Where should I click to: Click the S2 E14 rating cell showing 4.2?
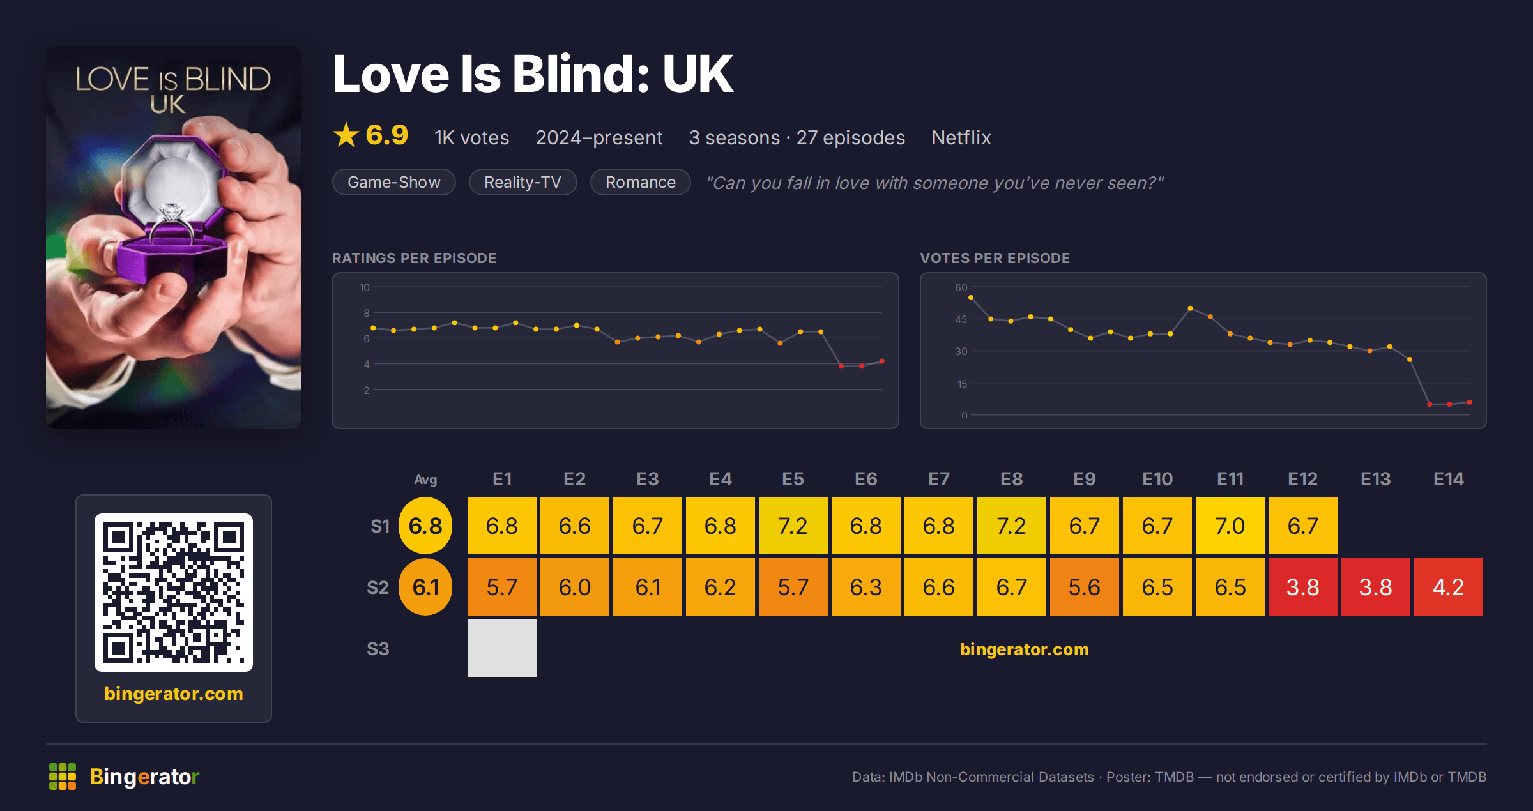coord(1448,587)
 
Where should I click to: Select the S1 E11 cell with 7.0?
coord(1230,526)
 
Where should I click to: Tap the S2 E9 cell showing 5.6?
coord(1084,587)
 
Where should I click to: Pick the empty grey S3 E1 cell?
coord(501,648)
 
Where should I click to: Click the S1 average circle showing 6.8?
coord(425,526)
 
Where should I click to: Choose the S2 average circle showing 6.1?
coord(425,587)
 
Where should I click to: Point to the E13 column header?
coord(1375,479)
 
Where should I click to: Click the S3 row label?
coord(378,649)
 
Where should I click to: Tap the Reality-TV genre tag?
coord(522,182)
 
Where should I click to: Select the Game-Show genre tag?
coord(393,182)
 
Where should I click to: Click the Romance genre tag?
coord(640,182)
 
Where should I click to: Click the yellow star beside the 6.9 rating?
coord(346,135)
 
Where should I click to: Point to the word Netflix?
coord(961,137)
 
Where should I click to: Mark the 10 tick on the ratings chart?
coord(364,287)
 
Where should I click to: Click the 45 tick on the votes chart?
coord(961,319)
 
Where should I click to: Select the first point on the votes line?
coord(971,298)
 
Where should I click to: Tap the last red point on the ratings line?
coord(882,361)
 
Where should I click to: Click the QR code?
coord(174,592)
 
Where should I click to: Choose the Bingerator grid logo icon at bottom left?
coord(63,777)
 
